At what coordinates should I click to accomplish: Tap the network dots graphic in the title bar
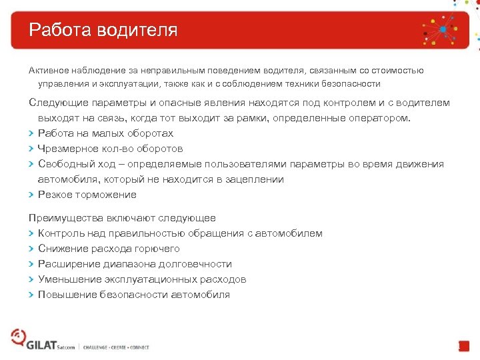[442, 31]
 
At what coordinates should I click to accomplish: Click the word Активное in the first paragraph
[48, 70]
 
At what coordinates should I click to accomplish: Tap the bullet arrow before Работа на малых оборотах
[31, 134]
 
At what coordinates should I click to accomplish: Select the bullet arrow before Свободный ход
[31, 165]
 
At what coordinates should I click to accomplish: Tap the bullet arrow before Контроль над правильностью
[31, 234]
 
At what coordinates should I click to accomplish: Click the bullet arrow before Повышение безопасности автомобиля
[31, 295]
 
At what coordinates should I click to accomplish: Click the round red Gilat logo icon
[18, 338]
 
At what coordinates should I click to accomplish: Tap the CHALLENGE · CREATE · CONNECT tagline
[117, 347]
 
